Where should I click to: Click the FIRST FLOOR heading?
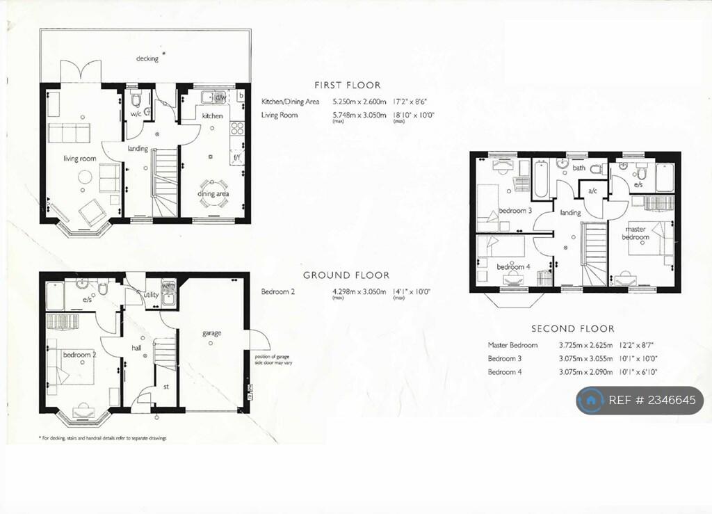click(x=347, y=85)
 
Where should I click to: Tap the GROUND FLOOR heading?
click(x=346, y=275)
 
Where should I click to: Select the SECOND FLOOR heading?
click(x=572, y=328)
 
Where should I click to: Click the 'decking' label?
click(x=147, y=58)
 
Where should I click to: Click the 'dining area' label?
click(x=213, y=194)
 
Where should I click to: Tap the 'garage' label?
click(x=212, y=333)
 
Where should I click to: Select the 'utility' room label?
click(x=151, y=295)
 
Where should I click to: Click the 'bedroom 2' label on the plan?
click(x=79, y=355)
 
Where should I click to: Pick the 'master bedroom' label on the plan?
click(x=636, y=233)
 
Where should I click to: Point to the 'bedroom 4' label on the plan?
click(x=513, y=267)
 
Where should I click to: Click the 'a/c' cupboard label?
click(x=593, y=191)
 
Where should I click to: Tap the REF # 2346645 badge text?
click(x=652, y=401)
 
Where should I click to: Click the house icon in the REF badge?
click(x=591, y=401)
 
